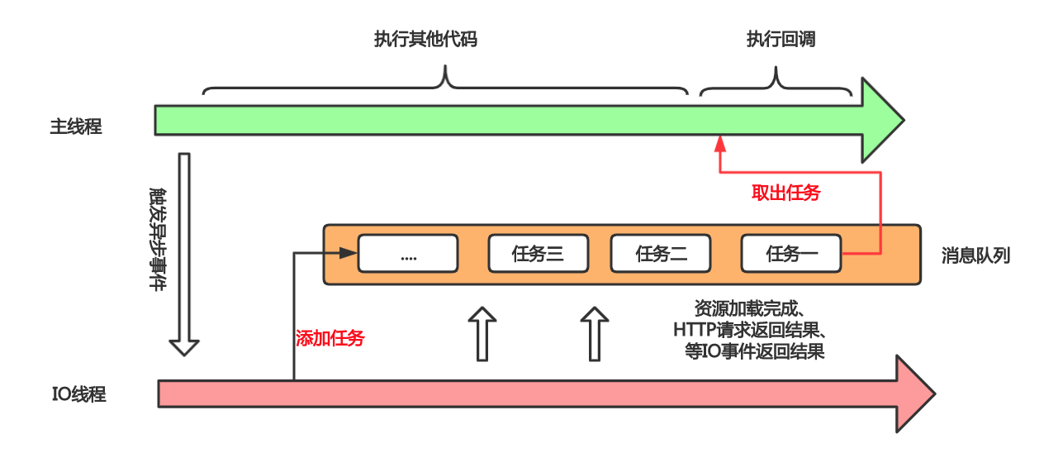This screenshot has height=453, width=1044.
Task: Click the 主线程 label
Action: pos(76,127)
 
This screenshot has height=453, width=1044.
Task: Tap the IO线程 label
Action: pos(79,394)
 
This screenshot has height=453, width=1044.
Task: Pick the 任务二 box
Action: pos(661,254)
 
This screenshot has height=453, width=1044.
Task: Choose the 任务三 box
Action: pos(538,254)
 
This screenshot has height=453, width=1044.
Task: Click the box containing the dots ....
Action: pos(407,254)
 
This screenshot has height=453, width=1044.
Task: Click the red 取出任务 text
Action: pos(785,193)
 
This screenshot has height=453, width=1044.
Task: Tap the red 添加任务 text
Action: pos(330,338)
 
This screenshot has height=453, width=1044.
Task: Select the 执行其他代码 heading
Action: pos(425,40)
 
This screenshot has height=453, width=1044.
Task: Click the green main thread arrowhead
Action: pos(882,120)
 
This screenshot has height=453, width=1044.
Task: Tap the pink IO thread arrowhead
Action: pos(913,393)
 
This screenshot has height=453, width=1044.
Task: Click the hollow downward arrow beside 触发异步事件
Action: pos(184,253)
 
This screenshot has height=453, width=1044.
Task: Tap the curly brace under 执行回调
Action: pos(776,83)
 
